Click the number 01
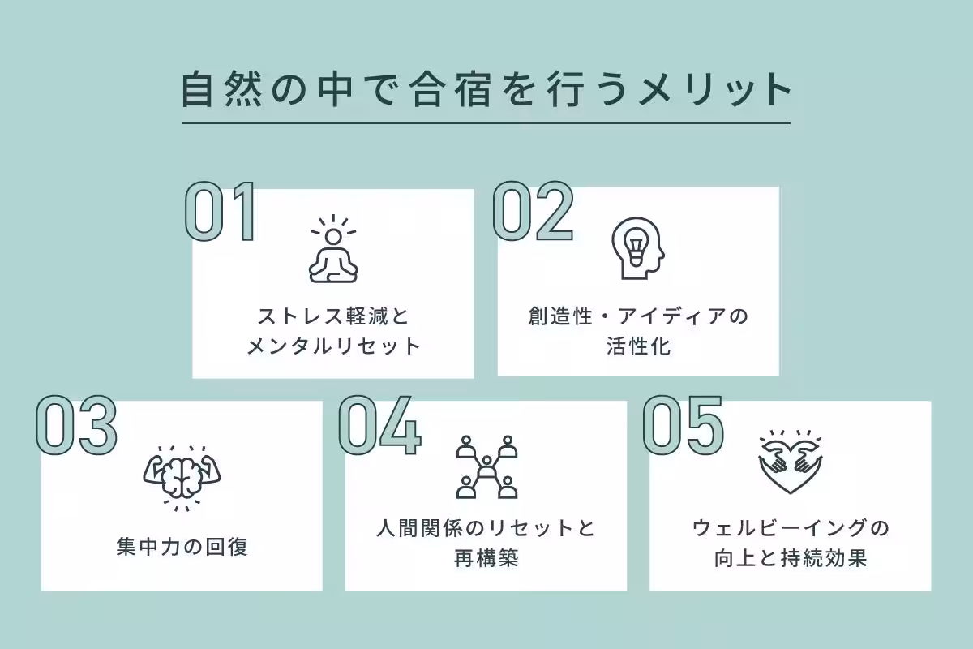point(221,211)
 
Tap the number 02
point(533,211)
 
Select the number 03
point(76,425)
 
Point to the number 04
point(379,425)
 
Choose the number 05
point(684,425)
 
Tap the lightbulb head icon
point(638,248)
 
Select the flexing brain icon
point(182,478)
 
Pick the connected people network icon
point(486,466)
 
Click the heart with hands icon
point(791,462)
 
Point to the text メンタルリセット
point(333,346)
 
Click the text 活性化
point(639,346)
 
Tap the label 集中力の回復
point(182,547)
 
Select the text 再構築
point(486,558)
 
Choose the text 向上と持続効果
point(791,558)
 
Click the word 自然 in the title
point(222,89)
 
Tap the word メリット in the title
point(715,89)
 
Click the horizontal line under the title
point(486,123)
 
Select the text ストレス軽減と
point(333,316)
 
